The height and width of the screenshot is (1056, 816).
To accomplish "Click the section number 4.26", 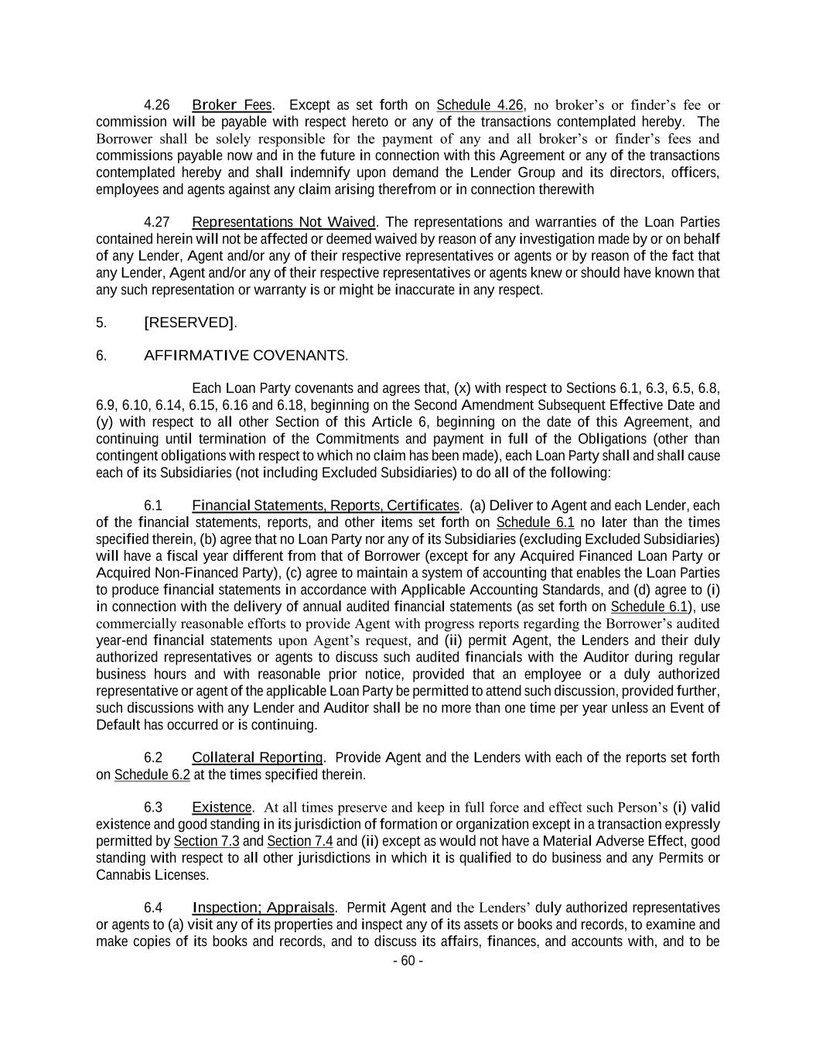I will tap(157, 105).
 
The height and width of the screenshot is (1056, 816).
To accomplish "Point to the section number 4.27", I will tap(157, 223).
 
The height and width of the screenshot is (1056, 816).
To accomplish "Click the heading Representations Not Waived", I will tap(283, 223).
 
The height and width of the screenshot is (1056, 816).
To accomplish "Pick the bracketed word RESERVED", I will tap(189, 323).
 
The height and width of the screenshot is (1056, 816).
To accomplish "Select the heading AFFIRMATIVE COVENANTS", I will tap(245, 356).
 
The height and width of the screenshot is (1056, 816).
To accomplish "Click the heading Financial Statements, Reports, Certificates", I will tap(326, 506).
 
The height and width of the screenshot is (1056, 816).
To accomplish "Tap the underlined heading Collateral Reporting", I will tap(258, 757).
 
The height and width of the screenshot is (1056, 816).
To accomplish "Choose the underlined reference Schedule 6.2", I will tap(152, 774).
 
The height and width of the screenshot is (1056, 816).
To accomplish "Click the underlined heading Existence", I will tap(222, 808).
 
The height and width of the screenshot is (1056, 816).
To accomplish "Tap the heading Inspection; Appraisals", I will tap(263, 907).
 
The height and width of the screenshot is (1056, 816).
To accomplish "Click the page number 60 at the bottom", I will tap(408, 961).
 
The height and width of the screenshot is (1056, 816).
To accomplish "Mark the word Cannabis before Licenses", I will tap(122, 875).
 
